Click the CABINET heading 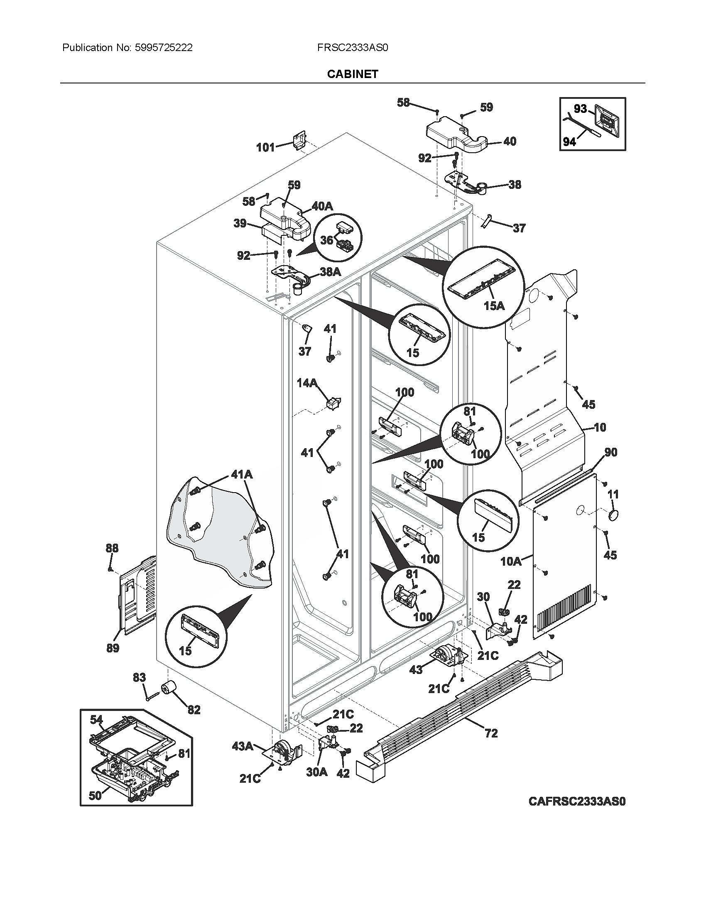point(353,74)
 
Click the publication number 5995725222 point(164,48)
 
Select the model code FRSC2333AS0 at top point(353,48)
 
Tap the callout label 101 point(265,147)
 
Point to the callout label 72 point(491,733)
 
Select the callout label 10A point(511,561)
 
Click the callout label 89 point(113,648)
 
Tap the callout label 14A point(307,383)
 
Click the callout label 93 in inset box point(580,109)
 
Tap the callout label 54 point(96,720)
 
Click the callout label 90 point(610,452)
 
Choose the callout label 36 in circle point(327,239)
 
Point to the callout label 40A point(322,206)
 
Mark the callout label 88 point(112,548)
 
